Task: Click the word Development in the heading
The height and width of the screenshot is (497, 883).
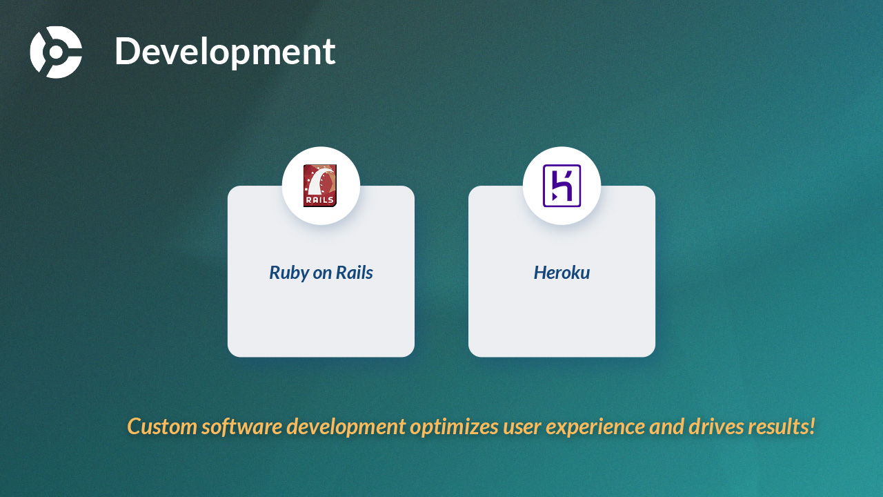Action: coord(225,52)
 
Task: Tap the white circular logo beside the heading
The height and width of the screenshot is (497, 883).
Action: coord(56,52)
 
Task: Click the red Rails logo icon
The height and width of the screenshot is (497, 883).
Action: coord(319,186)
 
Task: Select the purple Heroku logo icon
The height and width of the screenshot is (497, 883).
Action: coord(562,186)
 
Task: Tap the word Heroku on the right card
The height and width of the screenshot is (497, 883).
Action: coord(562,273)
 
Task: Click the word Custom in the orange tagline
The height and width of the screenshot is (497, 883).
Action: coord(162,427)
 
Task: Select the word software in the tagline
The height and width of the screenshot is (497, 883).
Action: coord(241,427)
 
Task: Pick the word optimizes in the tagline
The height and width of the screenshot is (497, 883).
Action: coord(454,427)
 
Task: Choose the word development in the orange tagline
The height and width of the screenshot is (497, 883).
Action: coord(346,427)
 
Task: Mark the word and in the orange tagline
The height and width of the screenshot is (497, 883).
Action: coord(666,427)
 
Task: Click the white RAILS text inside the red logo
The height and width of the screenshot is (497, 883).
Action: coord(319,200)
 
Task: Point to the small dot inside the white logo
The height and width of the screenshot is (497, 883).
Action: coord(56,52)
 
